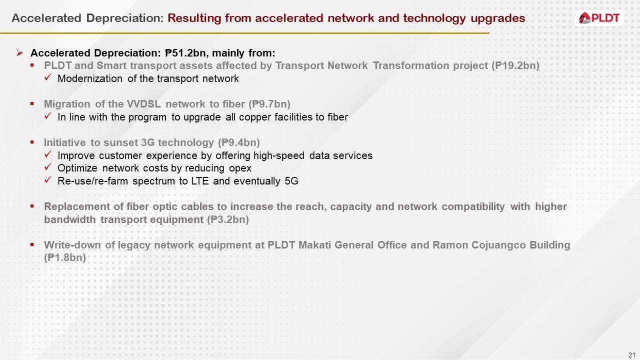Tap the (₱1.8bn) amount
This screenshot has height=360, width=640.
[x=65, y=258]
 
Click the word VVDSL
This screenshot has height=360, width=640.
[x=144, y=104]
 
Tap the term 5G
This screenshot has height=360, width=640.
[x=291, y=181]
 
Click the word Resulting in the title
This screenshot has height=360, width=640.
[x=194, y=18]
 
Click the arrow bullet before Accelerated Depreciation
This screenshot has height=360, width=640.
[x=19, y=53]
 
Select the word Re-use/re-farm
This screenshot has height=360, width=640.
[x=93, y=181]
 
